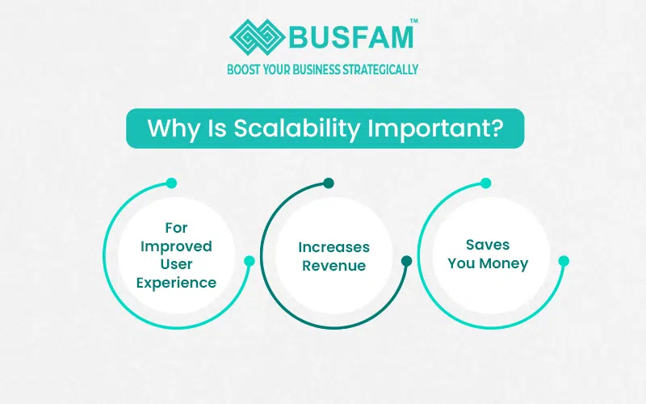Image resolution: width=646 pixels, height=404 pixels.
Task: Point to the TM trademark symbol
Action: [x=414, y=22]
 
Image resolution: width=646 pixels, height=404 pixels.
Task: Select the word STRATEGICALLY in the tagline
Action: [x=380, y=69]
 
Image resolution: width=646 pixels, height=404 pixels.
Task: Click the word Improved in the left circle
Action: [x=176, y=246]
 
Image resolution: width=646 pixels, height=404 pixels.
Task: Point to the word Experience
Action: [x=176, y=282]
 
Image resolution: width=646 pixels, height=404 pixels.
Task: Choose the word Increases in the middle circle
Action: [x=333, y=247]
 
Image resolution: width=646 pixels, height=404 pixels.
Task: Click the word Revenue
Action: [x=333, y=266]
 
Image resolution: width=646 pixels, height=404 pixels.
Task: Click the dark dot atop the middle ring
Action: [x=328, y=183]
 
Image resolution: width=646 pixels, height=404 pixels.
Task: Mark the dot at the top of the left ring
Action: [x=170, y=183]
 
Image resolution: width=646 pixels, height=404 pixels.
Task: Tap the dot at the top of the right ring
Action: [x=485, y=183]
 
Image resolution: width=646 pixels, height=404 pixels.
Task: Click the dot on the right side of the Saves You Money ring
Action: [x=564, y=261]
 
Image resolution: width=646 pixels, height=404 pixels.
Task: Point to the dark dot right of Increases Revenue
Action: [x=406, y=261]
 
